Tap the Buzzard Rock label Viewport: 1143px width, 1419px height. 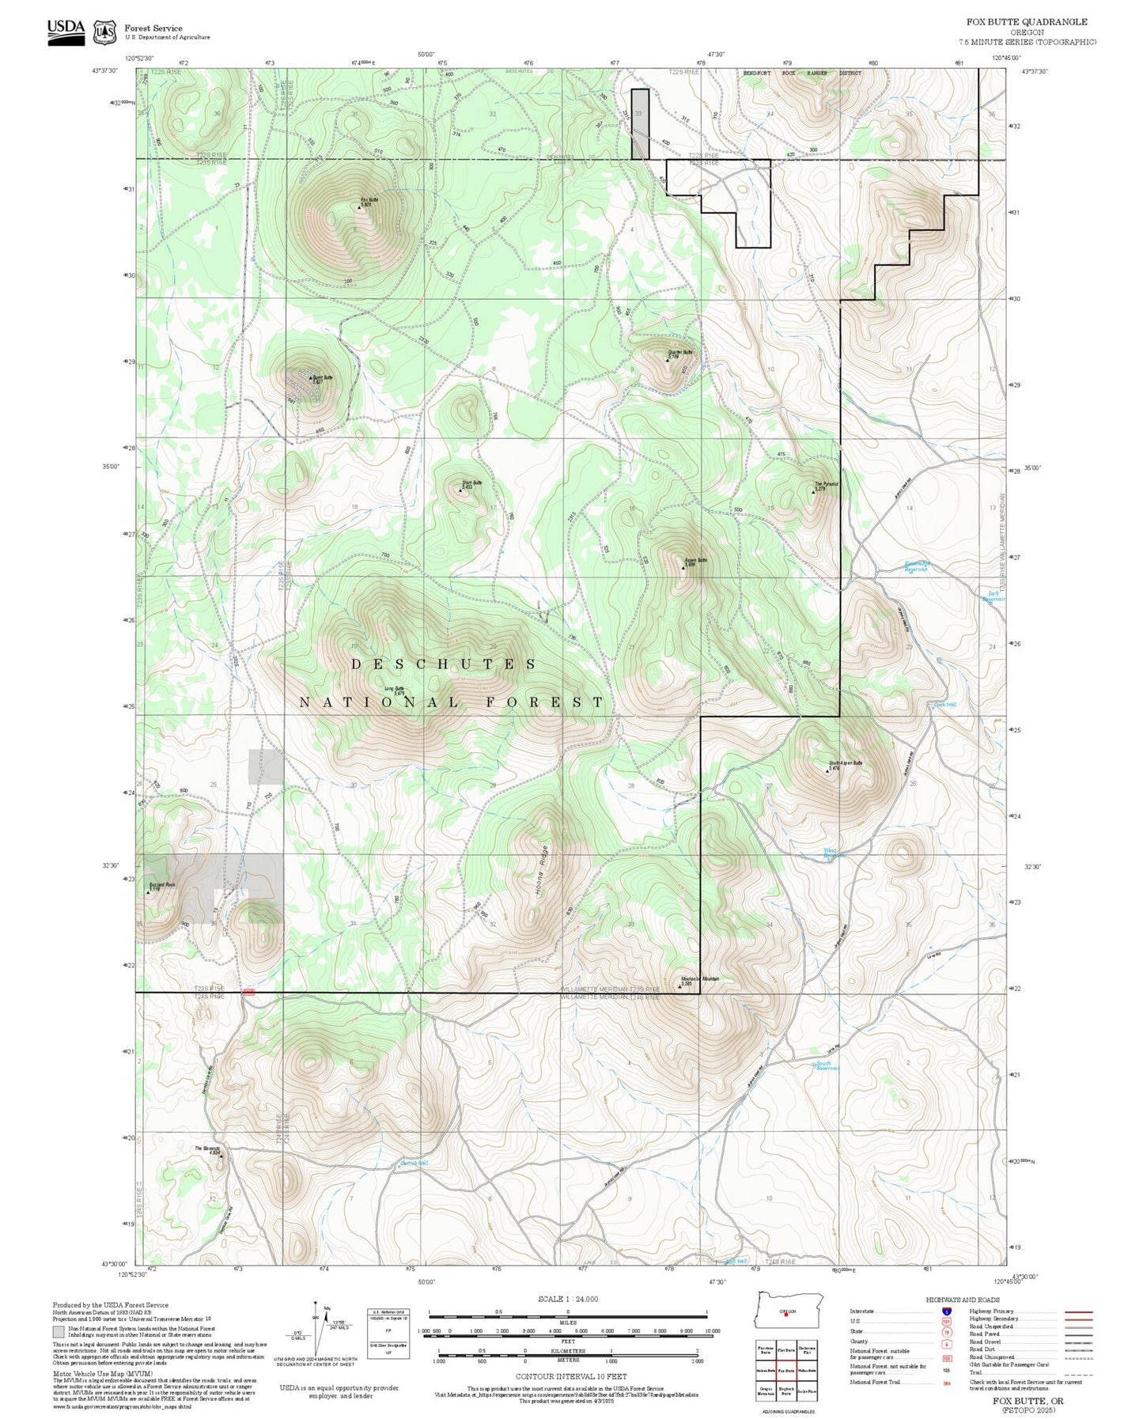pos(161,885)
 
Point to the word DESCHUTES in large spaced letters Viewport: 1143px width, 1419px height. pos(444,664)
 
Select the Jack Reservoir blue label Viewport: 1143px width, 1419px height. pos(994,596)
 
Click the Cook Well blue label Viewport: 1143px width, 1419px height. pos(944,704)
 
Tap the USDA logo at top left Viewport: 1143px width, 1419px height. pos(66,30)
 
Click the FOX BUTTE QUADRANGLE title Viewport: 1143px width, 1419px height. pos(1026,22)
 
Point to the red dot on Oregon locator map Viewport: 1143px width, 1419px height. pos(785,1315)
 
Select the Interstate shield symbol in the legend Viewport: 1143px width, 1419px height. pos(946,1311)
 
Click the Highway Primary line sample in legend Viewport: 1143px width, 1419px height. pos(1078,1311)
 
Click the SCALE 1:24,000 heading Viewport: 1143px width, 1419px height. pos(567,1299)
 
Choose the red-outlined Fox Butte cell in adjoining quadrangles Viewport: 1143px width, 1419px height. pos(785,1370)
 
